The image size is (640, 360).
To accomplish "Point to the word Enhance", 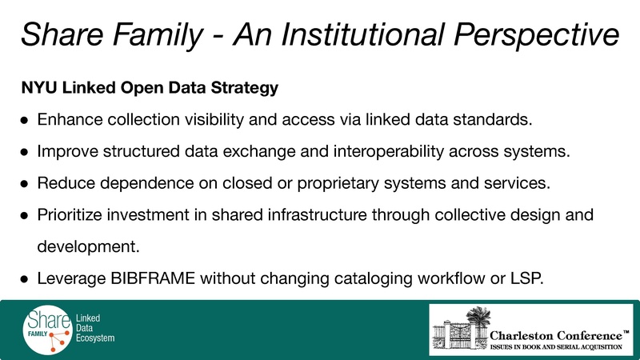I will point(69,121).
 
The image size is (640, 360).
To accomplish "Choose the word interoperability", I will point(378,151).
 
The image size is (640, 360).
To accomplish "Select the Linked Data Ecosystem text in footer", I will point(94,329).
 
